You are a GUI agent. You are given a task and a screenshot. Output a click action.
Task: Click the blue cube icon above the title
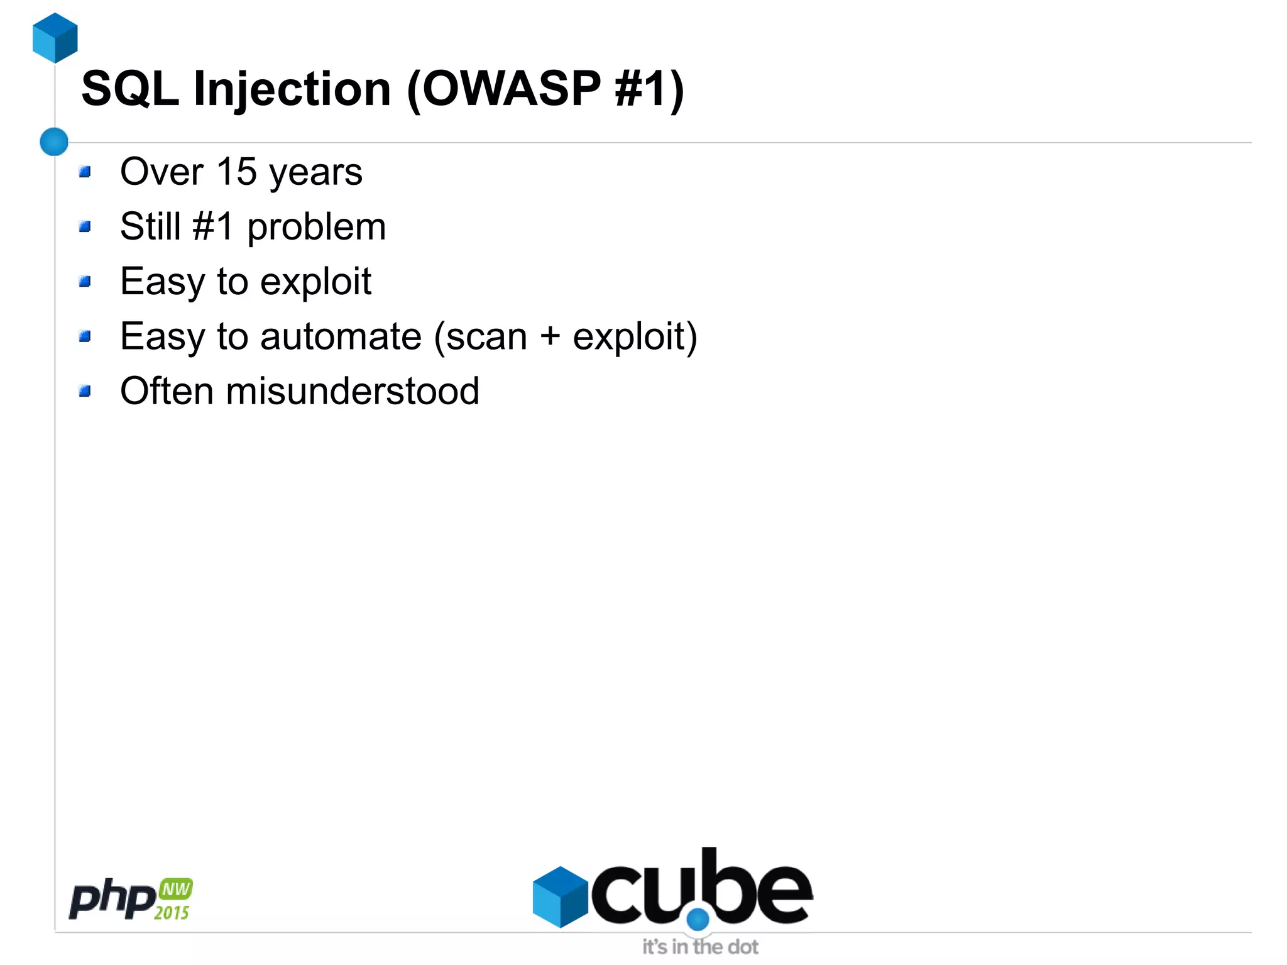(x=55, y=38)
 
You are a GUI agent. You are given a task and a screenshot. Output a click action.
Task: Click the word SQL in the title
(x=130, y=89)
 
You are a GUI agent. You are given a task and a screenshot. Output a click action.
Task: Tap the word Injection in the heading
(x=292, y=89)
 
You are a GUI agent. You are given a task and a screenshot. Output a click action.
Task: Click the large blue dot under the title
(x=54, y=141)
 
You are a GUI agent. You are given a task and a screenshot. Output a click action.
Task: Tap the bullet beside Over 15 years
(x=85, y=172)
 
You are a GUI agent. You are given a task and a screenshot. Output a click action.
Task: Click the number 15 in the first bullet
(x=236, y=172)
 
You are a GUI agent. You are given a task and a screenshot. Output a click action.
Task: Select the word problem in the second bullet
(x=316, y=227)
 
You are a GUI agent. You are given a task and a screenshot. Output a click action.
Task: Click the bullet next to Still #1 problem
(x=85, y=226)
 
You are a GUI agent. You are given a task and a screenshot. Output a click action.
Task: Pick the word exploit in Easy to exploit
(x=315, y=282)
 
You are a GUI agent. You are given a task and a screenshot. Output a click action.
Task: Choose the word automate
(x=341, y=336)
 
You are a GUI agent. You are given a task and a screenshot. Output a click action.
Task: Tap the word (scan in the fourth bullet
(x=481, y=336)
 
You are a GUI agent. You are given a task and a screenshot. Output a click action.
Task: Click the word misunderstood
(x=353, y=391)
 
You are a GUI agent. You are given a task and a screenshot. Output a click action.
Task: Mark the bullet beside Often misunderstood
(x=85, y=391)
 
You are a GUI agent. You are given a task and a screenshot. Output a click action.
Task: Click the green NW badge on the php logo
(x=176, y=889)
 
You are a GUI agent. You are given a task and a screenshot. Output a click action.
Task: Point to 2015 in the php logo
(x=172, y=912)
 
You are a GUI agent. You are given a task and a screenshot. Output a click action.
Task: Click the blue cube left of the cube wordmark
(x=560, y=896)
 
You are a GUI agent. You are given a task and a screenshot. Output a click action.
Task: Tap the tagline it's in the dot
(x=700, y=947)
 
